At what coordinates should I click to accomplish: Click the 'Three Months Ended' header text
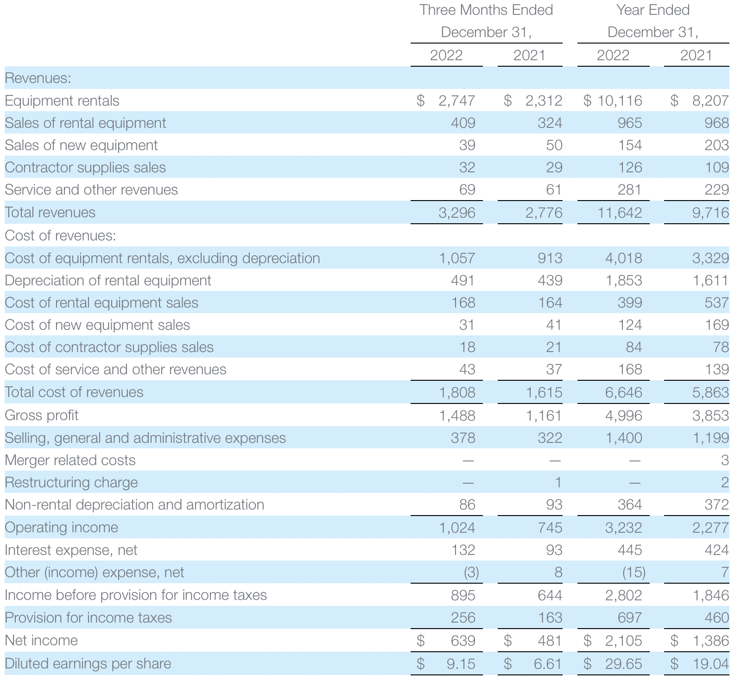pyautogui.click(x=486, y=10)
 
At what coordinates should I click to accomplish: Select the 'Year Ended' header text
pyautogui.click(x=653, y=10)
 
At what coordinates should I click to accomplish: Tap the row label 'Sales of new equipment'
pyautogui.click(x=81, y=145)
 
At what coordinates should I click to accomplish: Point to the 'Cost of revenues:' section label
pyautogui.click(x=60, y=235)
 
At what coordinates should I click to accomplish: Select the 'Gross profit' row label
pyautogui.click(x=42, y=415)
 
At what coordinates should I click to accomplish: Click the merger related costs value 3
pyautogui.click(x=724, y=460)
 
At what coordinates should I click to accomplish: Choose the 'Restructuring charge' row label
pyautogui.click(x=71, y=482)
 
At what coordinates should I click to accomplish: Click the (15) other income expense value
pyautogui.click(x=633, y=573)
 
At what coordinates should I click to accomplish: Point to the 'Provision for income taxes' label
pyautogui.click(x=88, y=617)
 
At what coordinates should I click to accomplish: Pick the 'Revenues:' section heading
pyautogui.click(x=38, y=78)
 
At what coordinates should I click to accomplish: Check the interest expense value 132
pyautogui.click(x=463, y=550)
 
